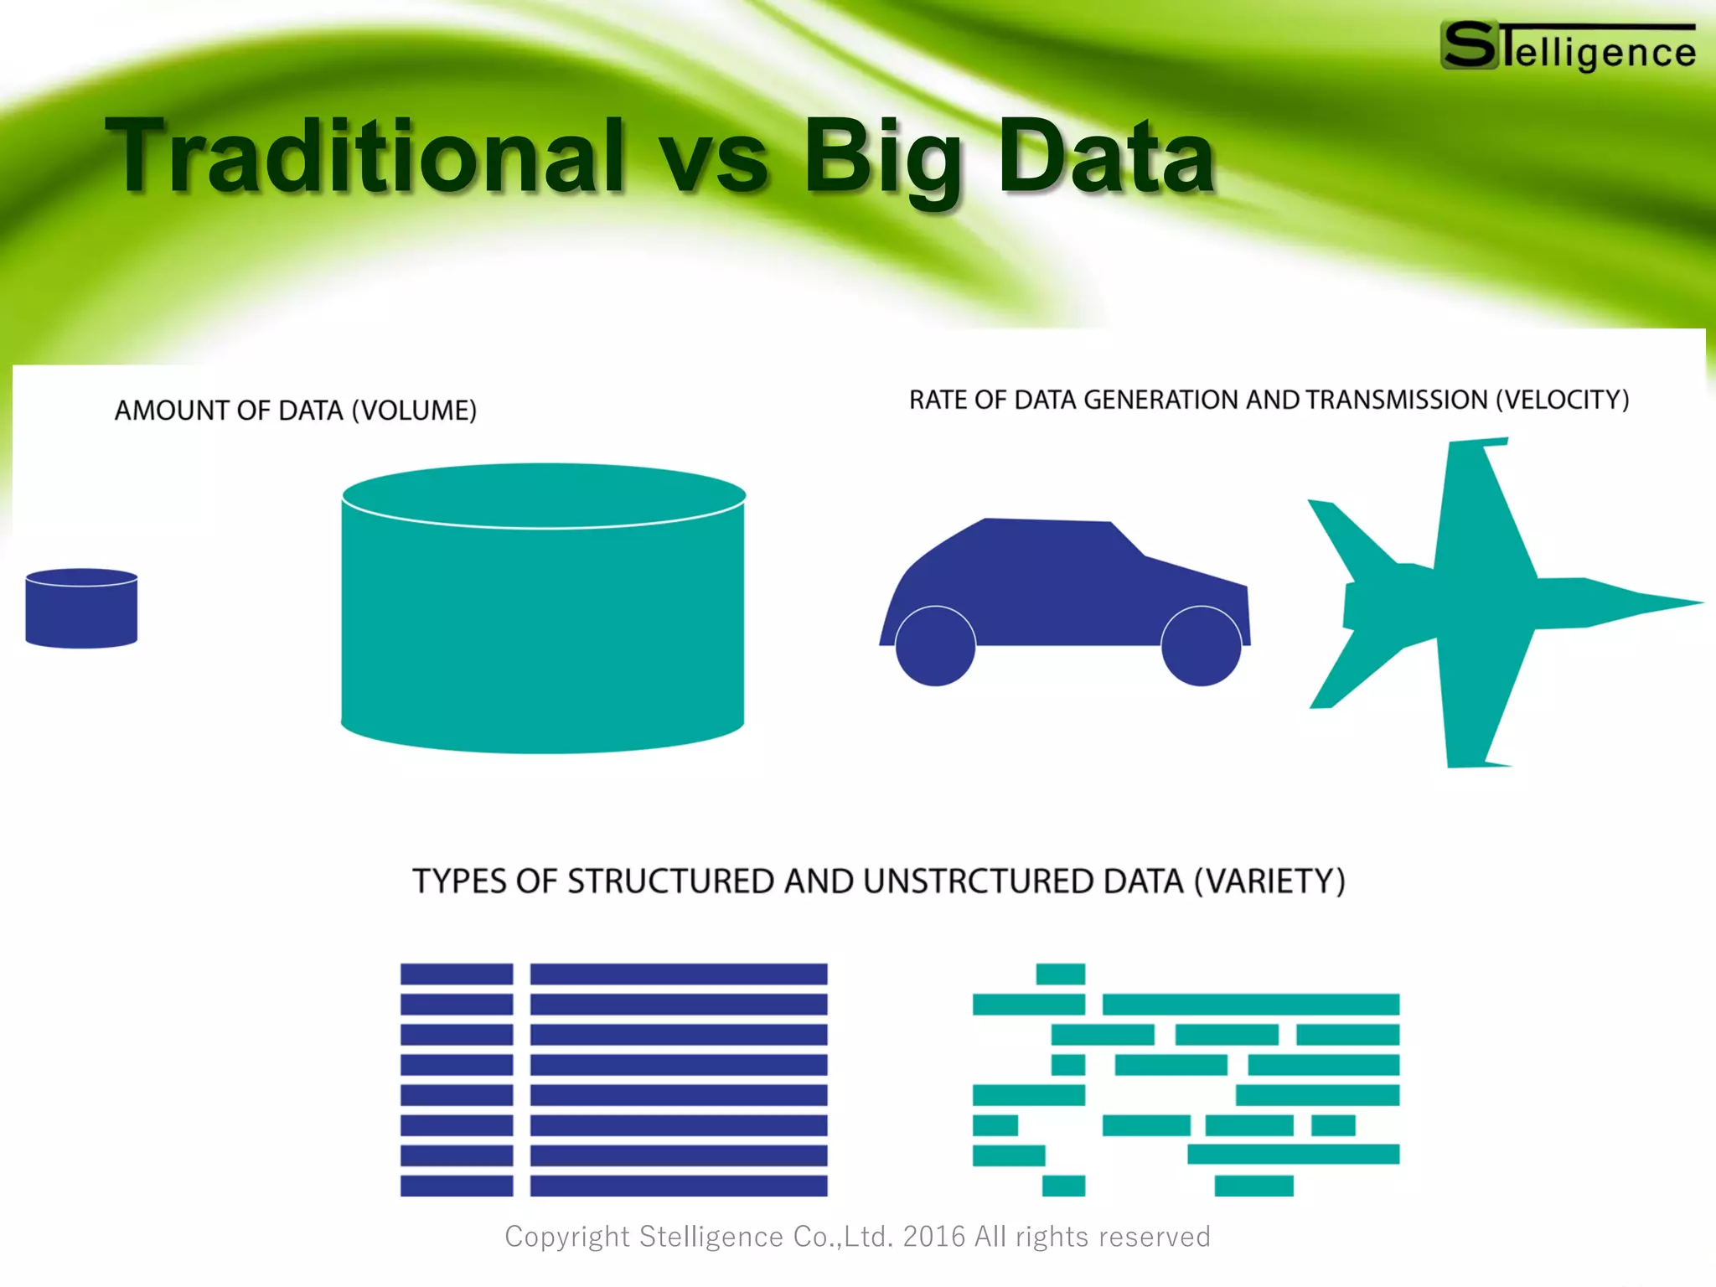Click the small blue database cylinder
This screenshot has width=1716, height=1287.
(x=81, y=609)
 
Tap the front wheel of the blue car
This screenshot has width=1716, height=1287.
(x=1201, y=646)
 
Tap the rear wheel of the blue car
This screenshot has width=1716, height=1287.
(x=935, y=646)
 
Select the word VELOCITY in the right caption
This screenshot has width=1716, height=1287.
(x=1563, y=400)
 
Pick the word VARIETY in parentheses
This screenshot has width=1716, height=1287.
(x=1269, y=881)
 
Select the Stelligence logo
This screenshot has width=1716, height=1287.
(x=1568, y=47)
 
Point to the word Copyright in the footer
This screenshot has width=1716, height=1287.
(x=566, y=1237)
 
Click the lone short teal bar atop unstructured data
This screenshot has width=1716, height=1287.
(x=1060, y=974)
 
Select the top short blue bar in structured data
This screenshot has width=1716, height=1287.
(x=457, y=974)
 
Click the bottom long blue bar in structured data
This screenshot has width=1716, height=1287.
(x=679, y=1186)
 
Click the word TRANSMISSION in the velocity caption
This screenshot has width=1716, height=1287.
(x=1396, y=400)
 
